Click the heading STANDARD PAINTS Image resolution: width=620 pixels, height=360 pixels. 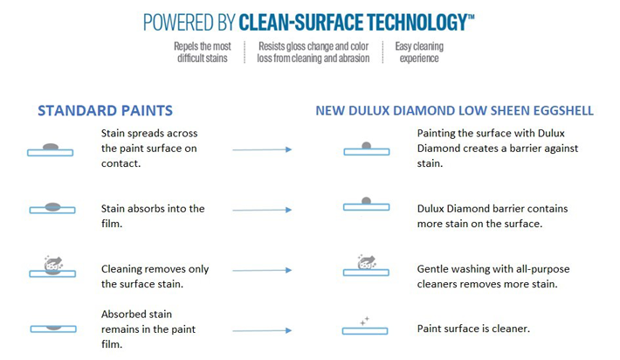[105, 110]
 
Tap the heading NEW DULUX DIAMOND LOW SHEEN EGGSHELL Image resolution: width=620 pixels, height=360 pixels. [454, 110]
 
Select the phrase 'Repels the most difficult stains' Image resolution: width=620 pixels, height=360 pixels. [203, 52]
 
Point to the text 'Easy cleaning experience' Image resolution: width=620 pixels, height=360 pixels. [419, 52]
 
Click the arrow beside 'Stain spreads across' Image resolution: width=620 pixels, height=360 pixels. [262, 149]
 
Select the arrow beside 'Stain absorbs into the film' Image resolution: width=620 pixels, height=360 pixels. [262, 210]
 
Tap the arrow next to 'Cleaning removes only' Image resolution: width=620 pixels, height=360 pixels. [262, 270]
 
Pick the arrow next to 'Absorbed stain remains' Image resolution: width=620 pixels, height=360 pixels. [262, 330]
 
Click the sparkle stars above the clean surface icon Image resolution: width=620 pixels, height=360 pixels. [364, 322]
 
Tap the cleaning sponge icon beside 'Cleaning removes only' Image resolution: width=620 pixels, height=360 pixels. [53, 264]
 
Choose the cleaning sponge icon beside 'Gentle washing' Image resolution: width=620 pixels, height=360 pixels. [367, 262]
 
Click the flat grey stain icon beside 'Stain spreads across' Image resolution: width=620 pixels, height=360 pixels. [51, 147]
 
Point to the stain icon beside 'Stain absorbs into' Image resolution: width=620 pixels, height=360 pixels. [52, 207]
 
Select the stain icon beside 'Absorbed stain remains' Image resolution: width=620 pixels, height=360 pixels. [54, 328]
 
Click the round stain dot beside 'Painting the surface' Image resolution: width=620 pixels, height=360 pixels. [367, 146]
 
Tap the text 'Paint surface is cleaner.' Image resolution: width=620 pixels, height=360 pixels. [473, 329]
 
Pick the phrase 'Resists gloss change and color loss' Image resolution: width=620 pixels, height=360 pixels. [313, 52]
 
